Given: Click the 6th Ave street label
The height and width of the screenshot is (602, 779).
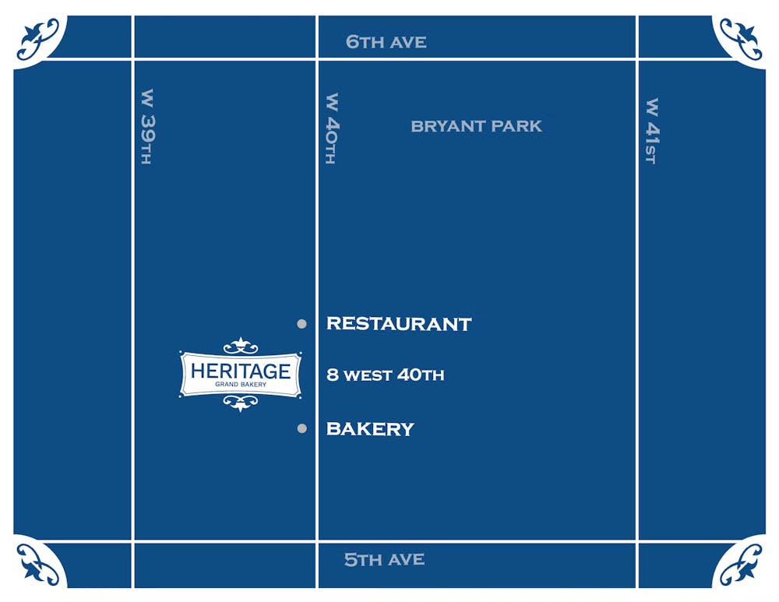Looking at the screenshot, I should (386, 42).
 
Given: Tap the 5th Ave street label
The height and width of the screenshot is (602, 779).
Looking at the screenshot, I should (385, 559).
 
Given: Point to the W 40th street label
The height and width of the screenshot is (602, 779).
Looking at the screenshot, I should (332, 129).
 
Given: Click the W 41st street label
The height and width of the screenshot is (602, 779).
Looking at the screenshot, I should (652, 131).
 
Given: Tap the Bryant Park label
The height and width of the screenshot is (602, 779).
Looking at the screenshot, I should (476, 126).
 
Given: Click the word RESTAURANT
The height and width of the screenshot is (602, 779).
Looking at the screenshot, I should (399, 323).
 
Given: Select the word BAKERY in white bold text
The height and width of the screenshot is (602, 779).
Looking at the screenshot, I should (370, 428).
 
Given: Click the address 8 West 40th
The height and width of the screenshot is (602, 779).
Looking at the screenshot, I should (385, 375).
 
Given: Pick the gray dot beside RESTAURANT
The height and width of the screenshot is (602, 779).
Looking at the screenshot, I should (301, 324).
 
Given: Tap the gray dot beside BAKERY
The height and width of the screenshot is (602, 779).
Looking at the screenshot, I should (301, 428).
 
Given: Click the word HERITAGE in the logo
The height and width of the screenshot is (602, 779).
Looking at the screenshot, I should (240, 371).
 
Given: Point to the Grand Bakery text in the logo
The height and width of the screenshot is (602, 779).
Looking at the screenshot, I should (241, 385).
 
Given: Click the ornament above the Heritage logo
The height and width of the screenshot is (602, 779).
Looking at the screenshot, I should (241, 345).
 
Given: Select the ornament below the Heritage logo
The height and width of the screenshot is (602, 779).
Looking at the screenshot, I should (241, 403).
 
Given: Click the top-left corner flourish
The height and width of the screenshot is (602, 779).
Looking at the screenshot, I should (38, 38).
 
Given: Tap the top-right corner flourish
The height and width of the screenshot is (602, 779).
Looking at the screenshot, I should (740, 38).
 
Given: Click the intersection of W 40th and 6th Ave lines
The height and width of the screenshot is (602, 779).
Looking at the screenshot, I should (317, 58).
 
